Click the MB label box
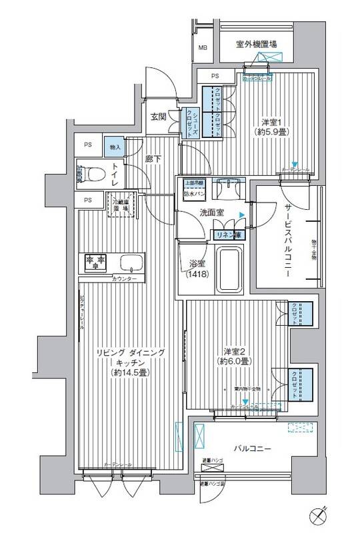click(x=203, y=47)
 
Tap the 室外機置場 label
click(x=257, y=45)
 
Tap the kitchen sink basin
click(x=130, y=261)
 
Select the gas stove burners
click(x=94, y=261)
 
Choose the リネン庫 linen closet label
click(x=226, y=234)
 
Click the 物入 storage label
click(x=115, y=146)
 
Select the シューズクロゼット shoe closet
click(x=190, y=122)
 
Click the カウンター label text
click(x=125, y=278)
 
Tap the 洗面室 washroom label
click(x=211, y=213)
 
